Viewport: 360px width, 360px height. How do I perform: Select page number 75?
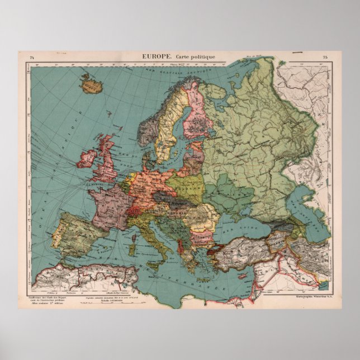[x=325, y=57]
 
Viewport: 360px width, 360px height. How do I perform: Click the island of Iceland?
[x=89, y=86]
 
